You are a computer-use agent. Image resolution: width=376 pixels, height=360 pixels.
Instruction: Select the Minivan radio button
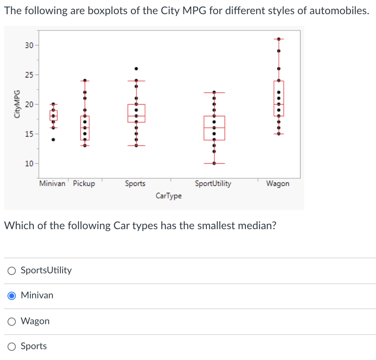(13, 296)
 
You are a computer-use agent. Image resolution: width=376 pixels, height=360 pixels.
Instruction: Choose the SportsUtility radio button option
(13, 271)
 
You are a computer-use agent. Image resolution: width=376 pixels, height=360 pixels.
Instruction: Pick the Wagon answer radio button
(13, 321)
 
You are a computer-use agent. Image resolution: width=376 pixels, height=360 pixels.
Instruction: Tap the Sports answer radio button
(13, 346)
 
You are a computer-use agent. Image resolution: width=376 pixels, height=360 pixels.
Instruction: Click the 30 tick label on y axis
(29, 45)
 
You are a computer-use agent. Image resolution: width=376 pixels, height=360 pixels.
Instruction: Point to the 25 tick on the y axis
(29, 75)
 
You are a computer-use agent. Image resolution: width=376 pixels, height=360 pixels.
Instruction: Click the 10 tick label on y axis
(29, 163)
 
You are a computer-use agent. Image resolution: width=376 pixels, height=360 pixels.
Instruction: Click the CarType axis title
(168, 195)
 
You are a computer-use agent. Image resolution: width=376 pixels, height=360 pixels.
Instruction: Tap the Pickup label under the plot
(84, 183)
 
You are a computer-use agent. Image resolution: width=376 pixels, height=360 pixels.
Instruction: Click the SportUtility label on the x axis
(213, 183)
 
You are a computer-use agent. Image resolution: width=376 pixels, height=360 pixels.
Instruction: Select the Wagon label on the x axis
(278, 183)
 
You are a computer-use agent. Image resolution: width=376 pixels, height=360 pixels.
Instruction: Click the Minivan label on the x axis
(52, 183)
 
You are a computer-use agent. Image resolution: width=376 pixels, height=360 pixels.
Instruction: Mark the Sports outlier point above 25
(136, 68)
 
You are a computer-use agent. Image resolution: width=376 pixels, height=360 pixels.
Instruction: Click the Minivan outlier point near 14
(53, 140)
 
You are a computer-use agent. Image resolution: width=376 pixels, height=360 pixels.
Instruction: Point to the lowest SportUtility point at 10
(214, 163)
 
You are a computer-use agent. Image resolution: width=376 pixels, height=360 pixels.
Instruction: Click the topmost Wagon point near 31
(279, 39)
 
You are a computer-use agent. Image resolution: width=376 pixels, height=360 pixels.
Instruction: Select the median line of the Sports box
(136, 116)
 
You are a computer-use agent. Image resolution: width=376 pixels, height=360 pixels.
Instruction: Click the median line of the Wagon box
(279, 104)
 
